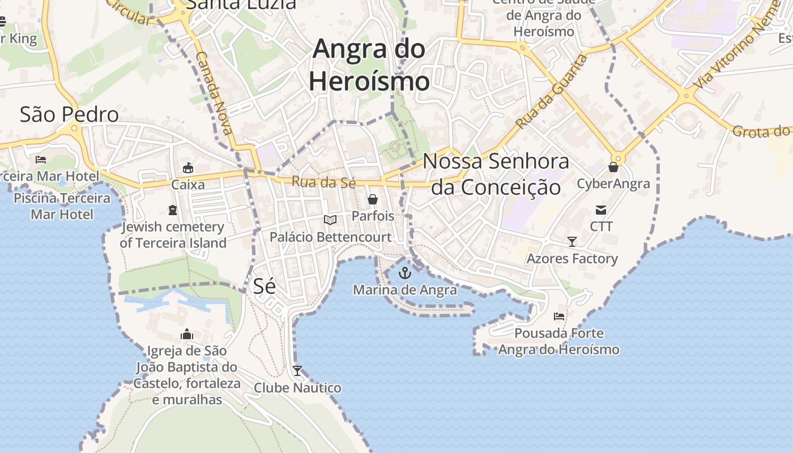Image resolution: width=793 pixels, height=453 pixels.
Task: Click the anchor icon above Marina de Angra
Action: coord(404,273)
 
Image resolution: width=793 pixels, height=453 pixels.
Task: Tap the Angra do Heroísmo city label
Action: coord(369,65)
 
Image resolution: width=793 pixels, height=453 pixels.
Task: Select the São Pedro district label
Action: coord(69,114)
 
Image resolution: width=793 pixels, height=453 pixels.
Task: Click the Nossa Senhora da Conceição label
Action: coord(496,174)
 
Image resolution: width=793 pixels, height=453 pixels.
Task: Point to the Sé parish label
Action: coord(264,286)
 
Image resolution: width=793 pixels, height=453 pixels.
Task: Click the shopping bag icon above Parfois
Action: coord(373,199)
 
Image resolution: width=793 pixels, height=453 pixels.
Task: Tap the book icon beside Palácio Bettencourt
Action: coord(330,220)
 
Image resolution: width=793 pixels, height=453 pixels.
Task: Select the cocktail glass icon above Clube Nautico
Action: coord(297,371)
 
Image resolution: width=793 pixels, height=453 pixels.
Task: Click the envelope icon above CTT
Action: coord(601,210)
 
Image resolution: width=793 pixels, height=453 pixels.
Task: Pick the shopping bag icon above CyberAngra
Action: coord(613,167)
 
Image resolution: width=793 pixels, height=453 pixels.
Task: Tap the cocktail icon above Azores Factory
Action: coord(572,242)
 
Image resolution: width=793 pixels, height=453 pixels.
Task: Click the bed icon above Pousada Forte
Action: coord(559,317)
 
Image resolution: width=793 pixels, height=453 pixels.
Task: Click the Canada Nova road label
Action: coord(214,92)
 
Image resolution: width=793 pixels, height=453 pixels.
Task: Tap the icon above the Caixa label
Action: coord(188,168)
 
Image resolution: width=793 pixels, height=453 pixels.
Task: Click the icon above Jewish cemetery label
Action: coord(173,210)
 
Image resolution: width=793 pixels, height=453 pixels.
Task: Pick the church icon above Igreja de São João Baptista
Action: coord(187,334)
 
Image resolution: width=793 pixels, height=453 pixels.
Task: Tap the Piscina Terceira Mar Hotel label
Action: coord(62,206)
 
